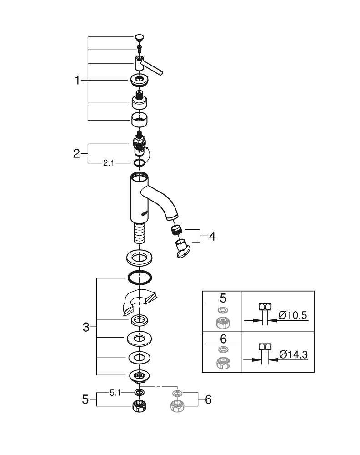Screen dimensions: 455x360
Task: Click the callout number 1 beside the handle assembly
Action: tap(77, 81)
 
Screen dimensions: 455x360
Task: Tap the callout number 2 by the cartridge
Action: tap(76, 154)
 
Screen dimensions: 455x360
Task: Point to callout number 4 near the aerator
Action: tap(212, 237)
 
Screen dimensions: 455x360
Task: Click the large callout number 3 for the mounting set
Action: tap(86, 327)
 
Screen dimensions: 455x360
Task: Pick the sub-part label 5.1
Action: tap(115, 392)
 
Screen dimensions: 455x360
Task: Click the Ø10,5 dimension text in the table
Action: tap(289, 315)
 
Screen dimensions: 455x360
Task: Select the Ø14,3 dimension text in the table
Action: tap(289, 354)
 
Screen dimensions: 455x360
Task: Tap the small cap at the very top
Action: tap(140, 37)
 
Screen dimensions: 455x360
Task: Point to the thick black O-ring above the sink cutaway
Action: tap(140, 277)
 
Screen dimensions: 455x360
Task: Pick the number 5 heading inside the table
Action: tap(223, 298)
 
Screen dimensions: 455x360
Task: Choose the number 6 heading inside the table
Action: tap(223, 339)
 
